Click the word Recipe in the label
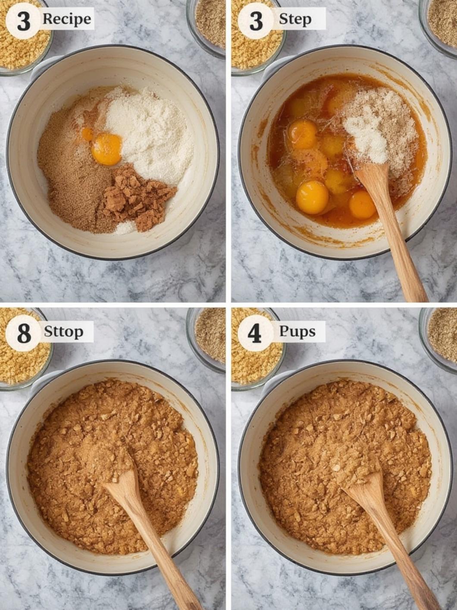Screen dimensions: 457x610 click(67, 19)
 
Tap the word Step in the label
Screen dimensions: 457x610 click(295, 19)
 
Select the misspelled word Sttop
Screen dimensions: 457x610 click(63, 332)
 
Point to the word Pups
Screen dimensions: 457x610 click(297, 332)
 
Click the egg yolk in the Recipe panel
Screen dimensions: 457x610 click(106, 149)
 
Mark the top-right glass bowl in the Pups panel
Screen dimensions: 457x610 click(438, 339)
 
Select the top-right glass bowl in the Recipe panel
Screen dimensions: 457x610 click(207, 28)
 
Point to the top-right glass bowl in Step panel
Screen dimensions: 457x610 click(438, 28)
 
